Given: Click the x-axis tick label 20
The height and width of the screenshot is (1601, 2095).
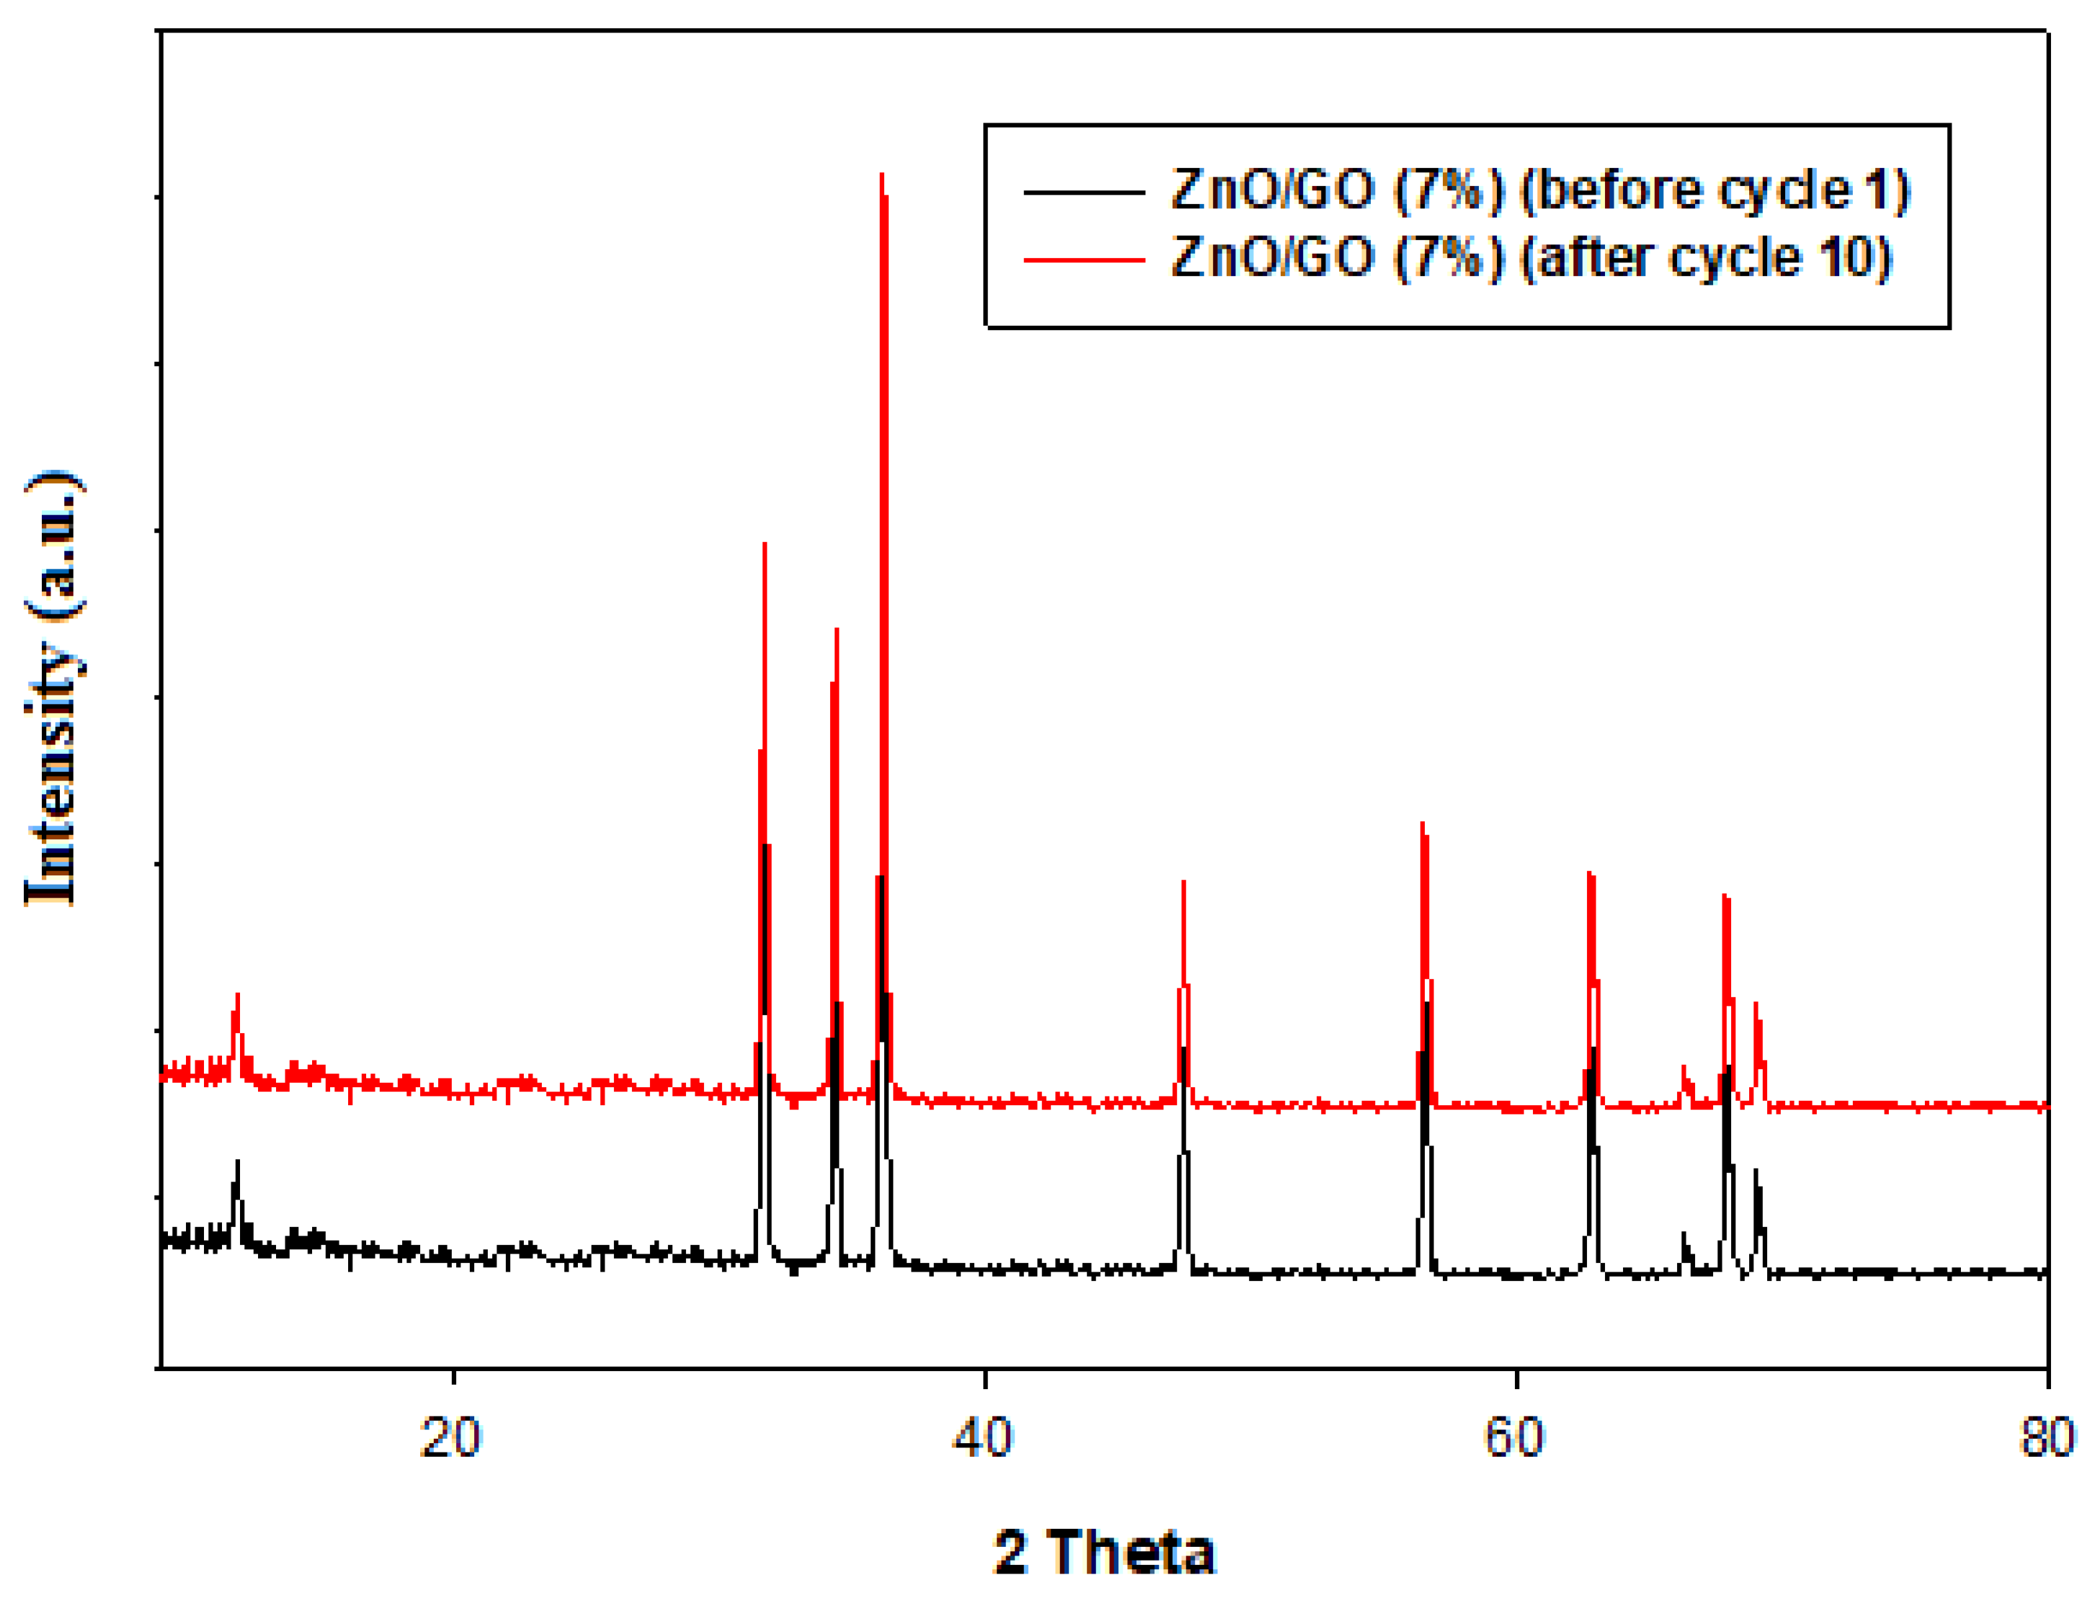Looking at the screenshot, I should point(451,1439).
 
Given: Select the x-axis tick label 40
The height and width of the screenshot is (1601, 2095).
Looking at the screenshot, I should point(983,1439).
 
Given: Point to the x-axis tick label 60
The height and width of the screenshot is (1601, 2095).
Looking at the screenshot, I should point(1515,1439).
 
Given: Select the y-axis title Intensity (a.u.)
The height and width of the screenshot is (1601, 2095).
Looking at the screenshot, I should point(54,688).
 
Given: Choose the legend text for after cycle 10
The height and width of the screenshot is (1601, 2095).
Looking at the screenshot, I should point(1531,258).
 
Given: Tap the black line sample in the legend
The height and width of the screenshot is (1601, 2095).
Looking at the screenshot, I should point(1084,192).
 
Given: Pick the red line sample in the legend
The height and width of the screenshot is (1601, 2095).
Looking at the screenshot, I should point(1084,259).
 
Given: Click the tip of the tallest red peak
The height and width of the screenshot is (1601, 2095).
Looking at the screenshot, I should point(883,175).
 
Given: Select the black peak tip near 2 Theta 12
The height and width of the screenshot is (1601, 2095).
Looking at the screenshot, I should point(237,1161).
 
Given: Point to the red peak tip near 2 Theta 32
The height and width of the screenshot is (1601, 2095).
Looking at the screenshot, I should point(765,544).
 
